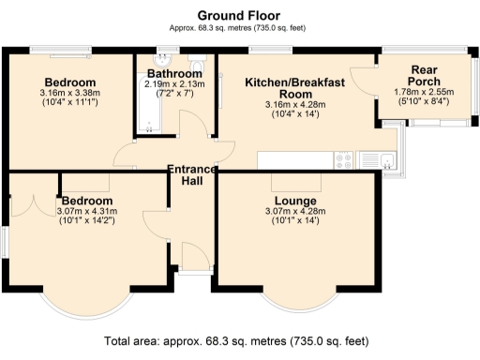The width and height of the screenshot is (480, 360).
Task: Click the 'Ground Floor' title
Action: (239, 16)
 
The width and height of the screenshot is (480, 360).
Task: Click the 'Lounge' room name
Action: (295, 202)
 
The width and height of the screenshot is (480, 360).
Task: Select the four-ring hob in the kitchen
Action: (342, 160)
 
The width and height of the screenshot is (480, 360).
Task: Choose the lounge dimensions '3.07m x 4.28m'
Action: (295, 213)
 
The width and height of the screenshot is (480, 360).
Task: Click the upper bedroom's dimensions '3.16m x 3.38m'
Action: (70, 93)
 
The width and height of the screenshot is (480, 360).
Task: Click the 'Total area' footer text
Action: (239, 340)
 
